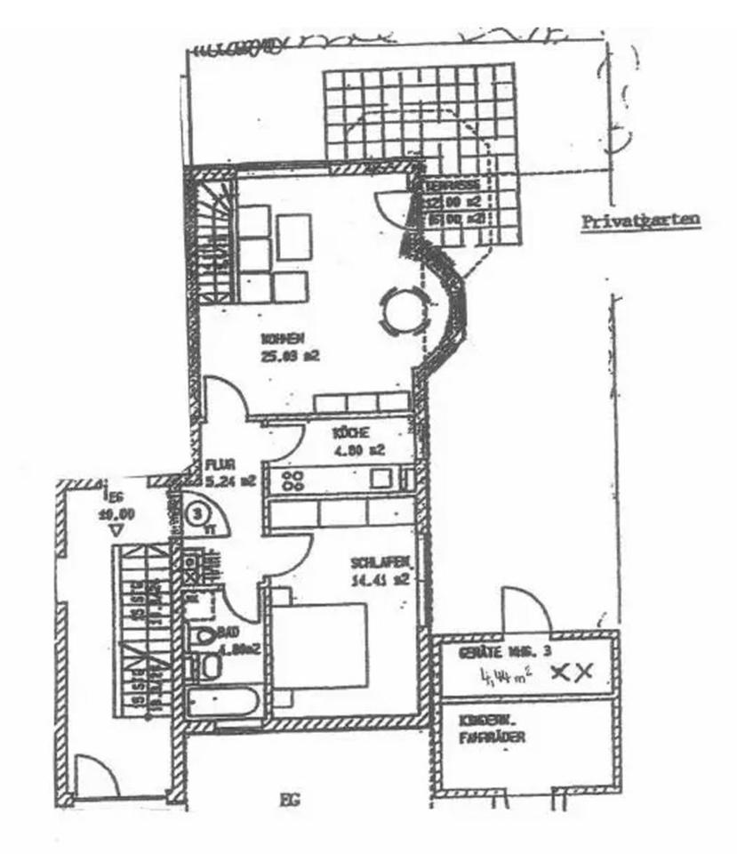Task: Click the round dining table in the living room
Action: click(x=400, y=310)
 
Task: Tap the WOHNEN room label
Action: click(x=284, y=338)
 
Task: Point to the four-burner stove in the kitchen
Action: click(x=292, y=480)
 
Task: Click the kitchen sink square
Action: click(x=385, y=478)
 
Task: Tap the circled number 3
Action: click(x=200, y=513)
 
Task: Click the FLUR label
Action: click(x=219, y=463)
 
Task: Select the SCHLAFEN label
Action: click(x=379, y=564)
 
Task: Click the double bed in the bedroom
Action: click(x=320, y=644)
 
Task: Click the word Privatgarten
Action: click(x=640, y=222)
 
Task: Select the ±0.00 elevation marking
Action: click(x=116, y=512)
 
